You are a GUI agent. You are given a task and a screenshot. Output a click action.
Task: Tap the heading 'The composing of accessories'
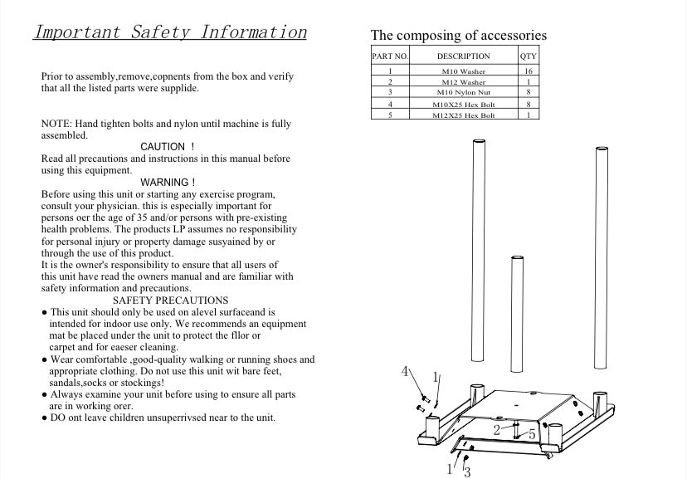pyautogui.click(x=458, y=35)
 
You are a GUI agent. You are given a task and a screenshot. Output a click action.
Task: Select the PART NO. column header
pyautogui.click(x=390, y=56)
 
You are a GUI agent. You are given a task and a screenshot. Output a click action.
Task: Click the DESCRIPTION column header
pyautogui.click(x=463, y=56)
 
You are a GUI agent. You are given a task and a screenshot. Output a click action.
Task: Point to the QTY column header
pyautogui.click(x=528, y=56)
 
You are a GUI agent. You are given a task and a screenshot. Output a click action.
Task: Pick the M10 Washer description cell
pyautogui.click(x=463, y=72)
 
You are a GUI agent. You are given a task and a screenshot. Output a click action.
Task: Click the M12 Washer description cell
pyautogui.click(x=463, y=82)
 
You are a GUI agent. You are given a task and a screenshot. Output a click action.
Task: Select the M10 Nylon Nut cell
pyautogui.click(x=463, y=93)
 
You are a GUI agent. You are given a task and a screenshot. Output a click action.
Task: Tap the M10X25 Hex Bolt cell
pyautogui.click(x=463, y=105)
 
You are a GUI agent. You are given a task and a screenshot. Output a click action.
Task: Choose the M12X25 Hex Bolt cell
pyautogui.click(x=463, y=115)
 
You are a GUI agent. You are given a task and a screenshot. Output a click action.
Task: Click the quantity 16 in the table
pyautogui.click(x=528, y=72)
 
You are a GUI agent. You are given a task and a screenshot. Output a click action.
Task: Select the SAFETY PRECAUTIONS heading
pyautogui.click(x=170, y=300)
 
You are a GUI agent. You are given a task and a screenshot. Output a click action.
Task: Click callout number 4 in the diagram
pyautogui.click(x=406, y=371)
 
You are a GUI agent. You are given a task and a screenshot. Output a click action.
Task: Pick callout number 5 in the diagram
pyautogui.click(x=532, y=433)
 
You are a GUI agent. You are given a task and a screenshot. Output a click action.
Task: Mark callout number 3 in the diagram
pyautogui.click(x=467, y=472)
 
